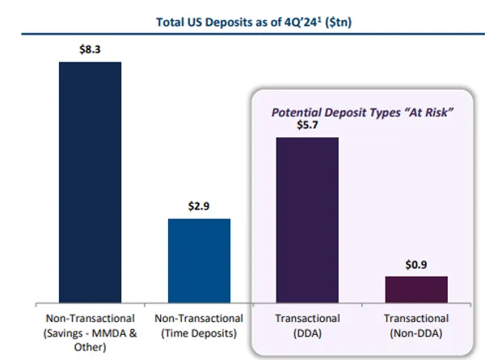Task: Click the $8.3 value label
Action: pos(91,50)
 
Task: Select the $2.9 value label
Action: pos(199,206)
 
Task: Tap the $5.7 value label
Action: pos(306,126)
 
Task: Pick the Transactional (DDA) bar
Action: pos(307,219)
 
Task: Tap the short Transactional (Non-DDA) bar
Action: pos(415,289)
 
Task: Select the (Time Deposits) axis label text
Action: pos(199,332)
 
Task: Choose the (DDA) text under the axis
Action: pos(307,332)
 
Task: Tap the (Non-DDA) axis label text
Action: pos(415,332)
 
